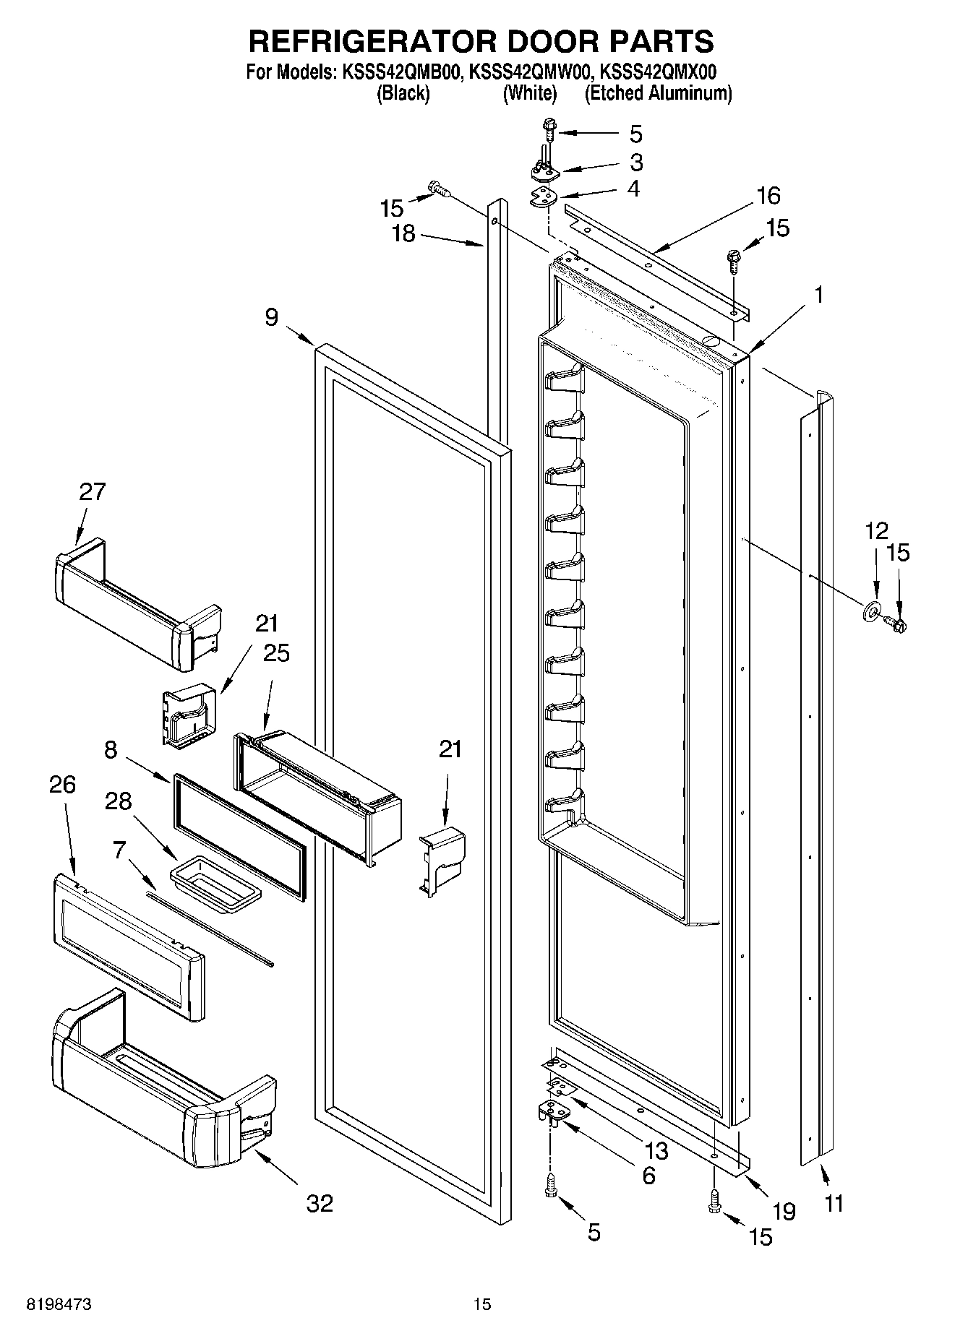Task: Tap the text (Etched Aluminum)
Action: (658, 93)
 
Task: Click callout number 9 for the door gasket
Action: (271, 317)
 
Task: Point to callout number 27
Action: (92, 492)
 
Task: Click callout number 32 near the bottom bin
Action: (320, 1203)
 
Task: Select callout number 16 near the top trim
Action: (768, 195)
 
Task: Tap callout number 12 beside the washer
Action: (876, 531)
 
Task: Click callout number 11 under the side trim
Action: (834, 1204)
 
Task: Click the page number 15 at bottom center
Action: (482, 1304)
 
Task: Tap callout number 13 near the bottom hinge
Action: (656, 1150)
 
